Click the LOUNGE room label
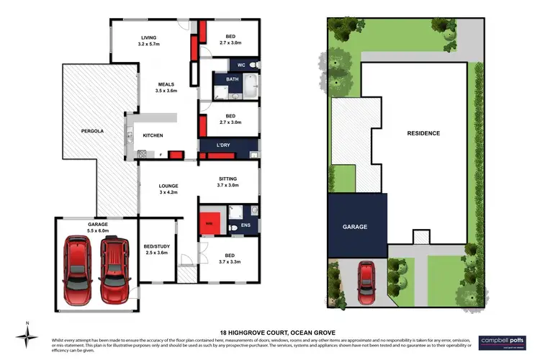click(168, 186)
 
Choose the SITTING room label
click(226, 179)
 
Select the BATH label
click(232, 79)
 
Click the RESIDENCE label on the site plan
click(423, 133)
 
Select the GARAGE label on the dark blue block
click(355, 227)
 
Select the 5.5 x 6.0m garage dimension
click(98, 230)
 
